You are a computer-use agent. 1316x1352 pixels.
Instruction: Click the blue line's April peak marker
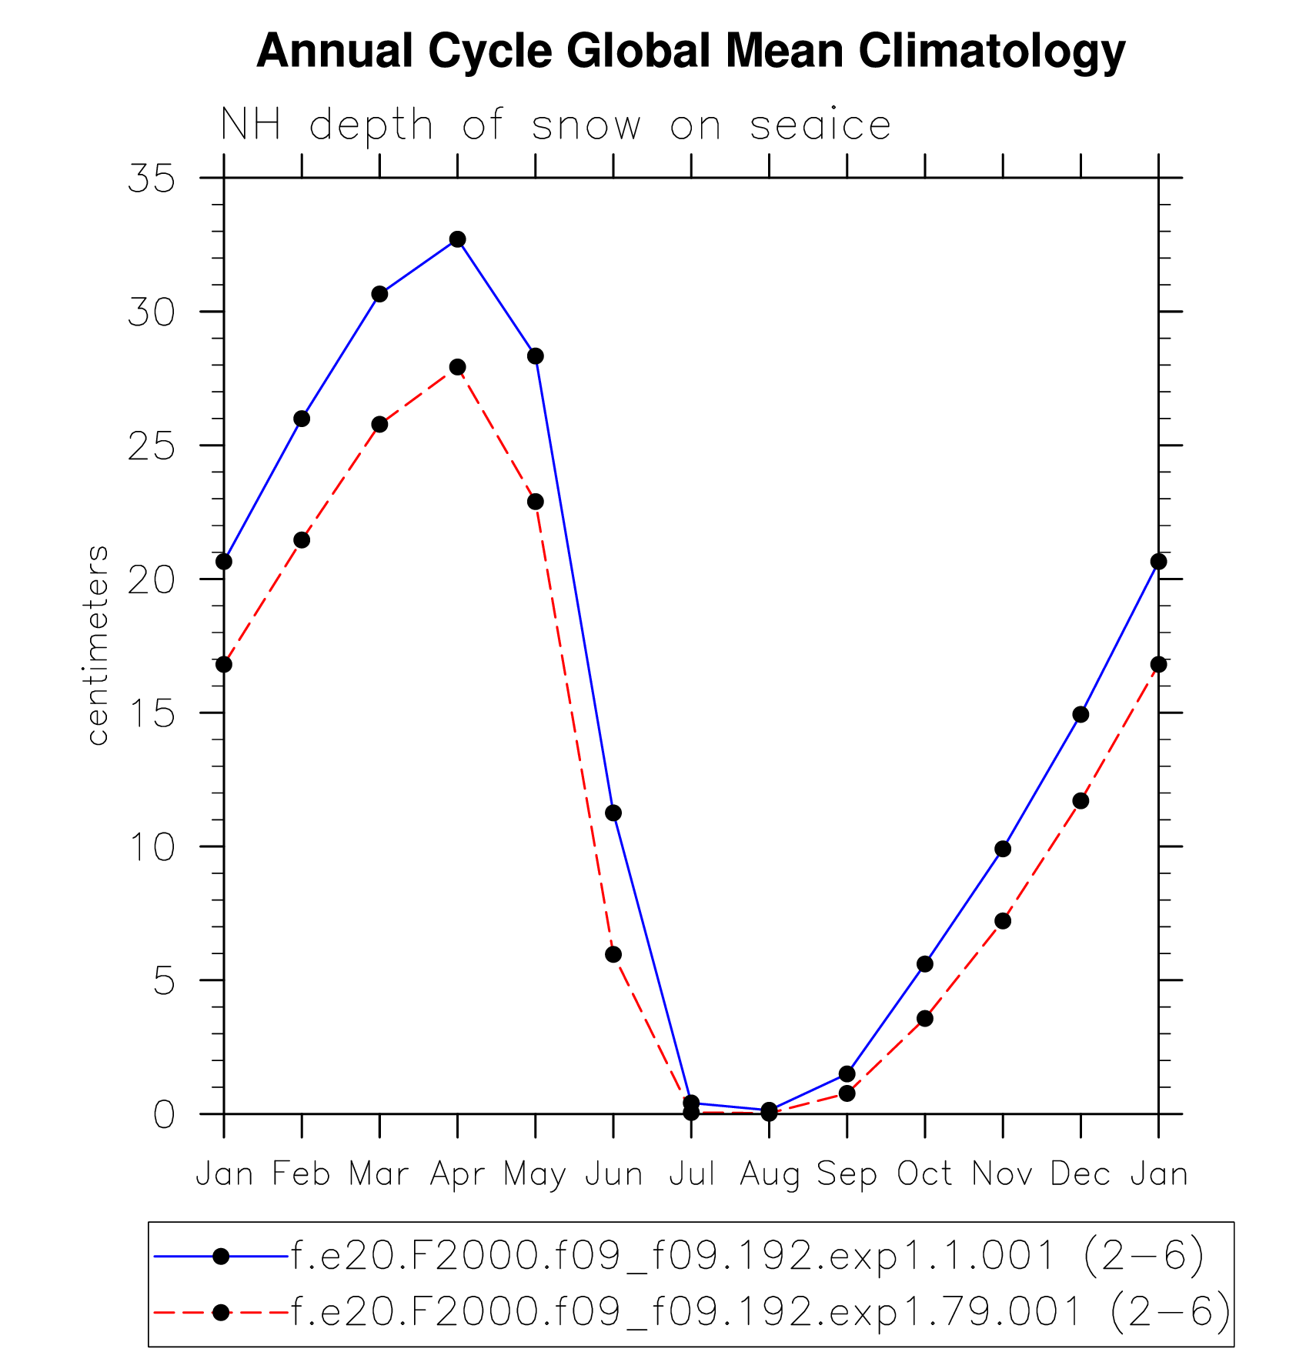(458, 239)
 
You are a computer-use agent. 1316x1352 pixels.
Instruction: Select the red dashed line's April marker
(458, 367)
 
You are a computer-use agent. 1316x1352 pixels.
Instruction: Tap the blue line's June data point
(613, 813)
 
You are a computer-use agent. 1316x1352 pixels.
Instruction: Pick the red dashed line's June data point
(613, 954)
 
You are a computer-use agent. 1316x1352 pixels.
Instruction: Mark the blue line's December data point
(1081, 714)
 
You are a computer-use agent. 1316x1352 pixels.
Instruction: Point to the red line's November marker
(1003, 921)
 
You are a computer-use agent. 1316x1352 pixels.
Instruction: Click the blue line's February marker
(302, 419)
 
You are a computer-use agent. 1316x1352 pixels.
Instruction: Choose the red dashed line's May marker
(536, 502)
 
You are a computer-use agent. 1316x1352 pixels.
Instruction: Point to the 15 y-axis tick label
(152, 713)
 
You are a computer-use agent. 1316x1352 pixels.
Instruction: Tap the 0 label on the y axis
(164, 1114)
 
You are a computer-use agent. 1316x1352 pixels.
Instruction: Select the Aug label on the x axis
(769, 1175)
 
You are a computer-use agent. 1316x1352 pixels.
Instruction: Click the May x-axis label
(536, 1175)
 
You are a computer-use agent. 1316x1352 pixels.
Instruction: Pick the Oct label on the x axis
(924, 1174)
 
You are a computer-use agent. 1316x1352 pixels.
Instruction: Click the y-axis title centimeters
(98, 645)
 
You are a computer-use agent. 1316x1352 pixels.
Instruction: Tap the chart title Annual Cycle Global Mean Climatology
(690, 51)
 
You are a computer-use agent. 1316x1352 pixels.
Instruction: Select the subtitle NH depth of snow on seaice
(556, 125)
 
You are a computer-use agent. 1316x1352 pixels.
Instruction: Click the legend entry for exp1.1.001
(747, 1257)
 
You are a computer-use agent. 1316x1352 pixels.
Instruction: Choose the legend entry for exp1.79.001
(761, 1312)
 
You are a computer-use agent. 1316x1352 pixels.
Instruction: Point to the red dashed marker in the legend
(221, 1312)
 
